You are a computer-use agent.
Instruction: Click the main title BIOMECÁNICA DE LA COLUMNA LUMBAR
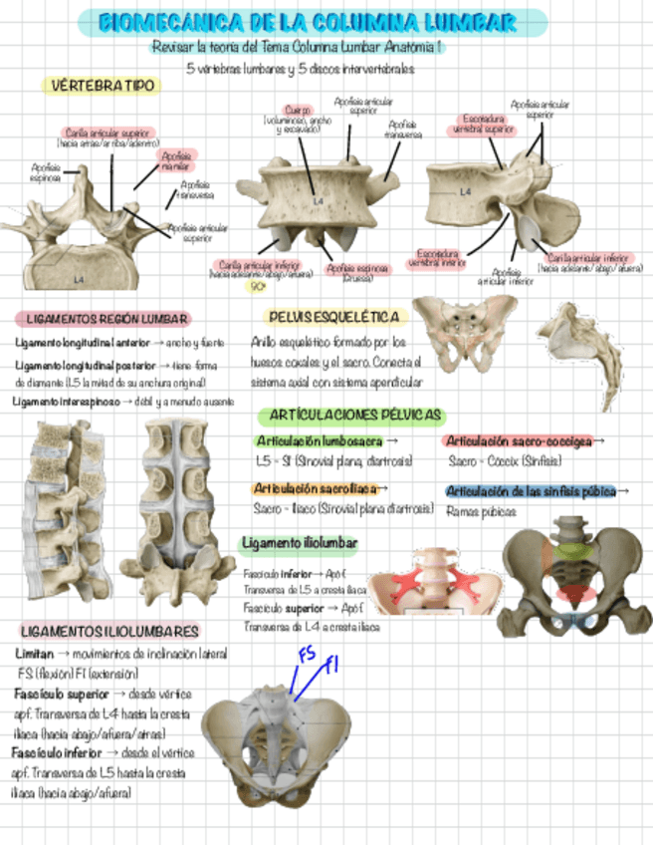(x=325, y=22)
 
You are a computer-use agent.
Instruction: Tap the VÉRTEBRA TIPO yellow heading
(x=104, y=86)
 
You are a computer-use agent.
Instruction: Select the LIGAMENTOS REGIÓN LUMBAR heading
(x=102, y=319)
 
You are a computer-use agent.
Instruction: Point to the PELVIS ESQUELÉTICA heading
(x=326, y=317)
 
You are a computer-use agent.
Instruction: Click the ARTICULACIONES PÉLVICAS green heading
(x=352, y=415)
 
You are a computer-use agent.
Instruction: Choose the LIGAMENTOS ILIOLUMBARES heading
(x=110, y=632)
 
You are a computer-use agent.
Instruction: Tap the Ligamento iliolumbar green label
(x=300, y=543)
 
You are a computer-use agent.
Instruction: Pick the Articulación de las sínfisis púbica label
(x=532, y=491)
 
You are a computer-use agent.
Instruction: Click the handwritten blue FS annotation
(x=308, y=655)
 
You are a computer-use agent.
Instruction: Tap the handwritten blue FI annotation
(x=332, y=663)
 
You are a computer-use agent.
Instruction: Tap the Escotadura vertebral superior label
(x=484, y=125)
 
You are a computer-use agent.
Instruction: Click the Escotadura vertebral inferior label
(x=437, y=258)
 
